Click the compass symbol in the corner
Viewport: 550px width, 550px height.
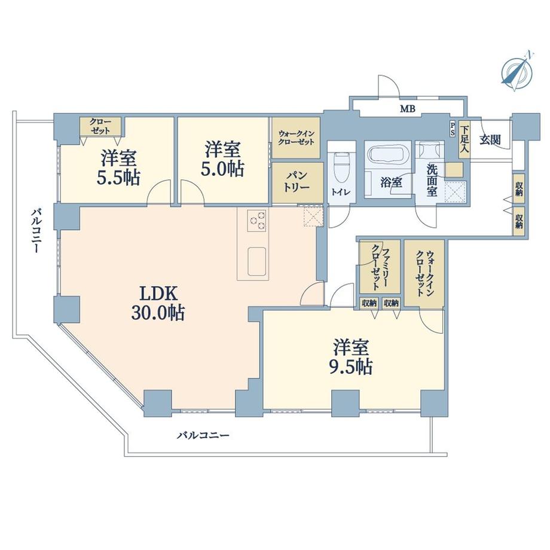coord(516,71)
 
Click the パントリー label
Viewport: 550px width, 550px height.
coord(296,180)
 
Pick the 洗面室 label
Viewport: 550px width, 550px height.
coord(432,178)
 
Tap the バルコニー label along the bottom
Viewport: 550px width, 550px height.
coord(203,435)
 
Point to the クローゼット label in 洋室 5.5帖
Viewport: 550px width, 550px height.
coord(100,125)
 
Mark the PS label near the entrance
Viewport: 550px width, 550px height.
coord(453,128)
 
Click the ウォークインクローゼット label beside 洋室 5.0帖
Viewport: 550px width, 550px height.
coord(297,139)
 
